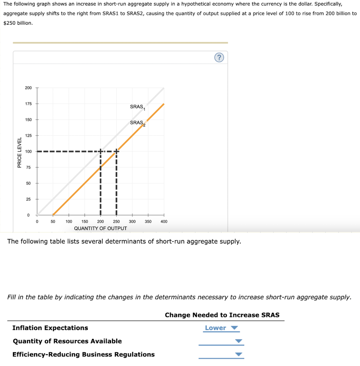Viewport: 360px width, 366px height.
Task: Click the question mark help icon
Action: point(219,57)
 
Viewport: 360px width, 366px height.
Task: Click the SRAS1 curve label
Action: point(138,107)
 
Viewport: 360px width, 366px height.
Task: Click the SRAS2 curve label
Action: point(138,123)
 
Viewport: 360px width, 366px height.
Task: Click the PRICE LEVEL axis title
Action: point(19,152)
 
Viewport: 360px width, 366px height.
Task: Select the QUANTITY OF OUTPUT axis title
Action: point(100,228)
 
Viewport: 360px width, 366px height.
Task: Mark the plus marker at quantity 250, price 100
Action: point(116,151)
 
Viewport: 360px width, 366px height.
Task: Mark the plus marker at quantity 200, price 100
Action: point(100,151)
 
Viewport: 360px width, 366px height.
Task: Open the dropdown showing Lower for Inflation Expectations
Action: point(221,328)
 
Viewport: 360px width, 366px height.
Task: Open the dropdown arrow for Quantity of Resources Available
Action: point(239,341)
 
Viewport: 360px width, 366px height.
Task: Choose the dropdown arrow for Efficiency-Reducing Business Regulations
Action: point(239,355)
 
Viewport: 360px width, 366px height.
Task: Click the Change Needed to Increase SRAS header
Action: point(222,315)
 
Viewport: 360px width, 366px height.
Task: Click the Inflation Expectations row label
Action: point(50,328)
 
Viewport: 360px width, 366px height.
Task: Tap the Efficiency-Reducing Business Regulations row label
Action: point(84,355)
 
